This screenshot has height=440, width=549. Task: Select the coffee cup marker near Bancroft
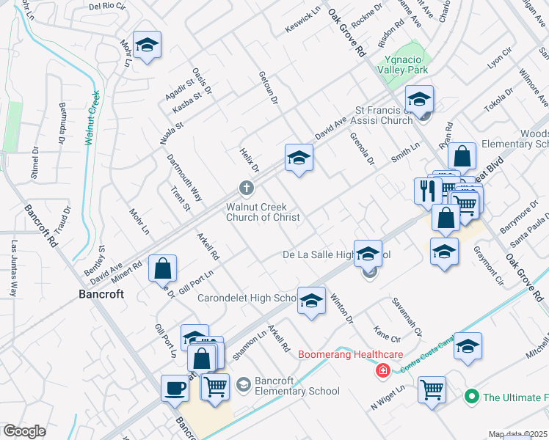[x=175, y=387]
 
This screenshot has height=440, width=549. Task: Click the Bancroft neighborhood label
[x=100, y=295]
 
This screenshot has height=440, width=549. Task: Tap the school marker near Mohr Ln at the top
[x=147, y=45]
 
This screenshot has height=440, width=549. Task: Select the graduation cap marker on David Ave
[x=299, y=158]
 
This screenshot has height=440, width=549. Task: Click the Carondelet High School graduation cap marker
[x=311, y=300]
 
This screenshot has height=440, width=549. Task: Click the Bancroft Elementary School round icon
[x=244, y=383]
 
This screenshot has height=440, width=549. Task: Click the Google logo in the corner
[x=25, y=431]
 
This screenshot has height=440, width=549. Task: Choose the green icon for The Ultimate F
[x=473, y=397]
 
